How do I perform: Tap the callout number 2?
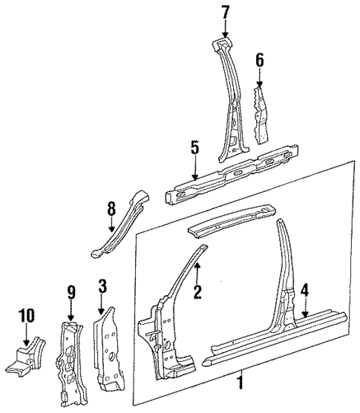pos(197,292)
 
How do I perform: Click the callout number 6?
pos(260,60)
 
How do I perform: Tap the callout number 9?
pos(71,293)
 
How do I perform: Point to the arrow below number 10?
pos(27,334)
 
